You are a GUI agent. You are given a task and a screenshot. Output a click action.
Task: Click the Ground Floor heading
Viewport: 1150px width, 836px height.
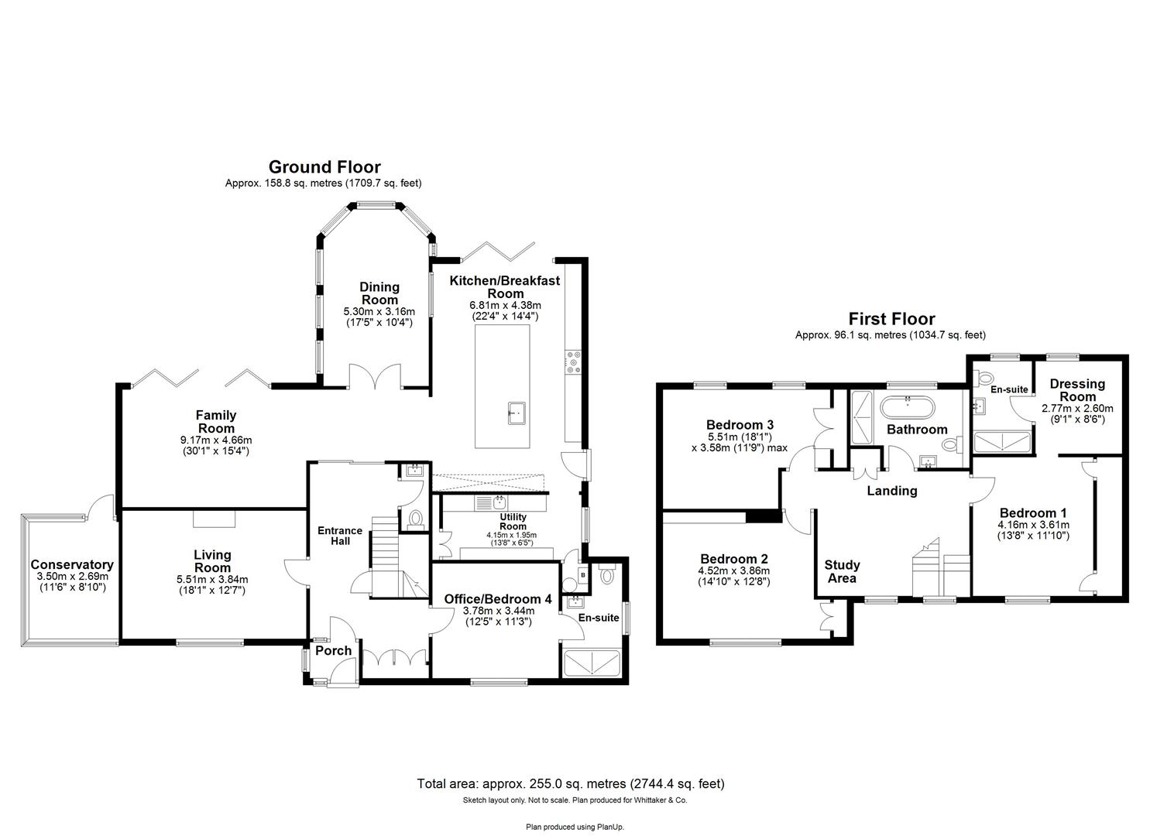point(324,167)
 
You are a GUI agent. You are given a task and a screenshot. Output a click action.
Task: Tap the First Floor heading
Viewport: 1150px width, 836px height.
point(891,319)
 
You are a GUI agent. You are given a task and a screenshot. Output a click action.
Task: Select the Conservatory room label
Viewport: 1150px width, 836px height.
point(71,565)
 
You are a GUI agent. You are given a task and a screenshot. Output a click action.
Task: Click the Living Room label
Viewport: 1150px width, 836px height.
point(212,561)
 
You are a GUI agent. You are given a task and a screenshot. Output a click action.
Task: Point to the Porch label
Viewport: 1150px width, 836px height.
point(334,650)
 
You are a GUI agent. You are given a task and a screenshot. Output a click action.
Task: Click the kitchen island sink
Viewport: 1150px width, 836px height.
point(517,413)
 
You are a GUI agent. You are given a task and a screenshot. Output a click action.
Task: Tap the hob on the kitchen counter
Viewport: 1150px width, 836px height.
point(574,362)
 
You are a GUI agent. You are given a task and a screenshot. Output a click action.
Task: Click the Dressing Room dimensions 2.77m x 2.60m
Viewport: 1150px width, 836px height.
point(1076,409)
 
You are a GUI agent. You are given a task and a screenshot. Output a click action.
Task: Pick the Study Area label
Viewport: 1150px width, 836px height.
point(842,571)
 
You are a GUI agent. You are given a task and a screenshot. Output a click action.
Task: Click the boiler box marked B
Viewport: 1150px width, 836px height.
point(582,576)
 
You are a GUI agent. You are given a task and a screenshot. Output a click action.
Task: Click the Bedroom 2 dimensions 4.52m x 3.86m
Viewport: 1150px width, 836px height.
point(733,570)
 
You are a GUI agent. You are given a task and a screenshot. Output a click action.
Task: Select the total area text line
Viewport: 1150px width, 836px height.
point(570,783)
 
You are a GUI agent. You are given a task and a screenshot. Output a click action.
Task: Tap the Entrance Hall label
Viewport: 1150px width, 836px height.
point(340,536)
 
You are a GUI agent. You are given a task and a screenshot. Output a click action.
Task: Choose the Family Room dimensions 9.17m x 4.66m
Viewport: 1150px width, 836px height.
point(215,440)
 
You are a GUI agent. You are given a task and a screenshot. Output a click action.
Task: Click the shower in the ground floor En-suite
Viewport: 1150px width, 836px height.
point(592,663)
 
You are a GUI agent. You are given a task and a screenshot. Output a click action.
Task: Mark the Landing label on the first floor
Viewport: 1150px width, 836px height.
point(891,491)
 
